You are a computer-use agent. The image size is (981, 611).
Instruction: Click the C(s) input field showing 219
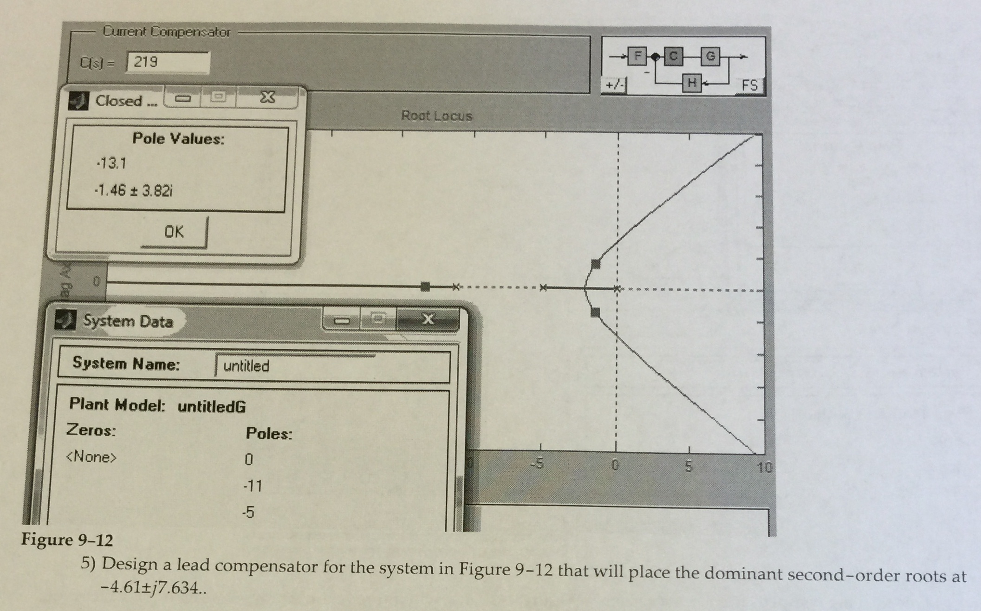tap(168, 62)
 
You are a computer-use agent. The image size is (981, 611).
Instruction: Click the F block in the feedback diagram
tap(637, 56)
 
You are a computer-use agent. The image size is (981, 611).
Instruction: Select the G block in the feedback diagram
tap(710, 57)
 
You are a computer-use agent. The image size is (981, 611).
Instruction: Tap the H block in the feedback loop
tap(692, 84)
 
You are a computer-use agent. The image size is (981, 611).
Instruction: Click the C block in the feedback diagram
tap(673, 56)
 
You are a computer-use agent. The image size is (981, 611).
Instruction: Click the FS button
tap(749, 85)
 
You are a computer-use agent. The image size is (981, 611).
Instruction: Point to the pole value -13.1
tap(111, 163)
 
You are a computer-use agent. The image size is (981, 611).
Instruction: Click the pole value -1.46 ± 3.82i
tap(134, 190)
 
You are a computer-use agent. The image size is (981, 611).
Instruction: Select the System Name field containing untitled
tap(332, 366)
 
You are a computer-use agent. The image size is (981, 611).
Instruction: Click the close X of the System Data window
tap(428, 319)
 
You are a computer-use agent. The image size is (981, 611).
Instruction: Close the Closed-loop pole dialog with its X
tap(267, 97)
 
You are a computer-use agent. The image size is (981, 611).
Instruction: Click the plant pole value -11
tap(253, 486)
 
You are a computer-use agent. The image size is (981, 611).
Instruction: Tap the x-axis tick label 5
tap(689, 466)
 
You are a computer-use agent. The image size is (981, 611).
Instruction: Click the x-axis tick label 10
tap(764, 467)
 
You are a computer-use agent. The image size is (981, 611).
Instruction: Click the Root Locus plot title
tap(436, 116)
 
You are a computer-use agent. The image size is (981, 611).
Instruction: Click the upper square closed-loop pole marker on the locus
tap(596, 264)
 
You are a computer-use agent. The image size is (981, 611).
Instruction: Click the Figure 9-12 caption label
tap(67, 540)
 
